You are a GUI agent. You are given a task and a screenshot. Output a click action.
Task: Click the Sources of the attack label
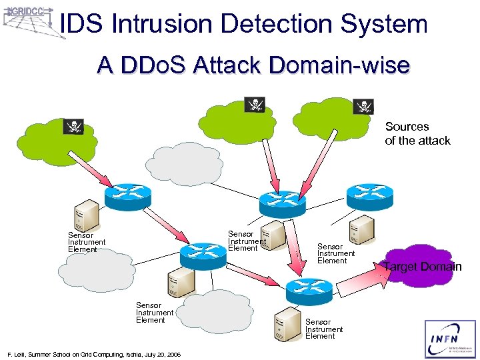417,133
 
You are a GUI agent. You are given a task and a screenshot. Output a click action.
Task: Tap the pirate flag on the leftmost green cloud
73,127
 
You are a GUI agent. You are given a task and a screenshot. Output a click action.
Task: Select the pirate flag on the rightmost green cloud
363,106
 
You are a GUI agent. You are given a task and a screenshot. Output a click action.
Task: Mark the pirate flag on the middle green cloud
255,104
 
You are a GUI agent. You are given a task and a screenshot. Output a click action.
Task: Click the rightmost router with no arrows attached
369,194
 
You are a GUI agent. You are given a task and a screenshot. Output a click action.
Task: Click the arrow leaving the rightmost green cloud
309,159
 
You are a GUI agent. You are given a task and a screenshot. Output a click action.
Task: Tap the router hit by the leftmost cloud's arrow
126,194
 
